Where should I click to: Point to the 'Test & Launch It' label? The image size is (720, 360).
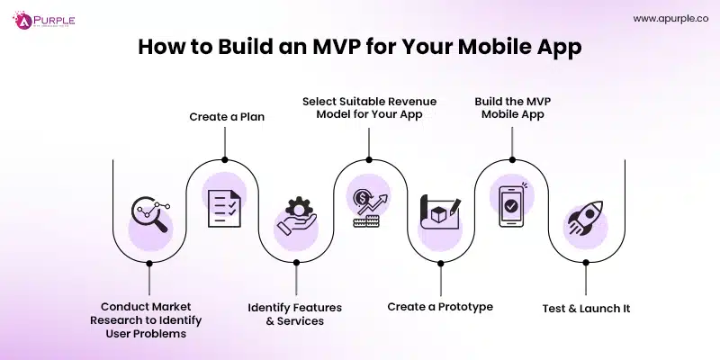[586, 308]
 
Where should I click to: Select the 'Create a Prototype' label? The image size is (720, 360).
[440, 307]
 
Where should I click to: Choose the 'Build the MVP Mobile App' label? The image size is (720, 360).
[512, 108]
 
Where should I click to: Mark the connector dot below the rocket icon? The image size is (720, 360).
[585, 264]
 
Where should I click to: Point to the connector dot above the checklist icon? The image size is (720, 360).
[222, 155]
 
